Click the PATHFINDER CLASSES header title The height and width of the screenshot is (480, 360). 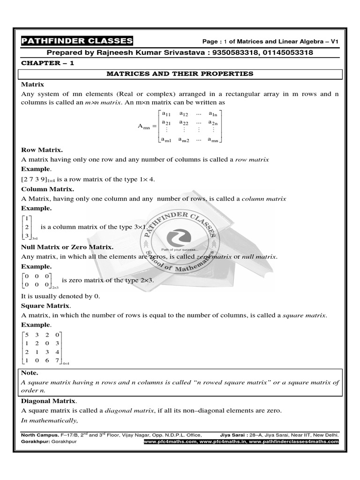click(77, 41)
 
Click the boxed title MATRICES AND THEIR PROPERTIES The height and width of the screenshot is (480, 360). click(180, 74)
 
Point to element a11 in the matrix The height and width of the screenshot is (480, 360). click(166, 113)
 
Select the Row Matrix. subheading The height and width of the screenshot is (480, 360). click(42, 150)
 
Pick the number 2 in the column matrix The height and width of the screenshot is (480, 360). click(27, 227)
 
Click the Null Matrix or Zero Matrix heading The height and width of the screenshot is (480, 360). click(67, 247)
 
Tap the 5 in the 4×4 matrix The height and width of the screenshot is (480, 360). click(27, 335)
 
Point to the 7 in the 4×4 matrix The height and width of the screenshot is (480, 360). click(57, 360)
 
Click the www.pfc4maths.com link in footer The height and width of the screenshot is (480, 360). click(170, 442)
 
